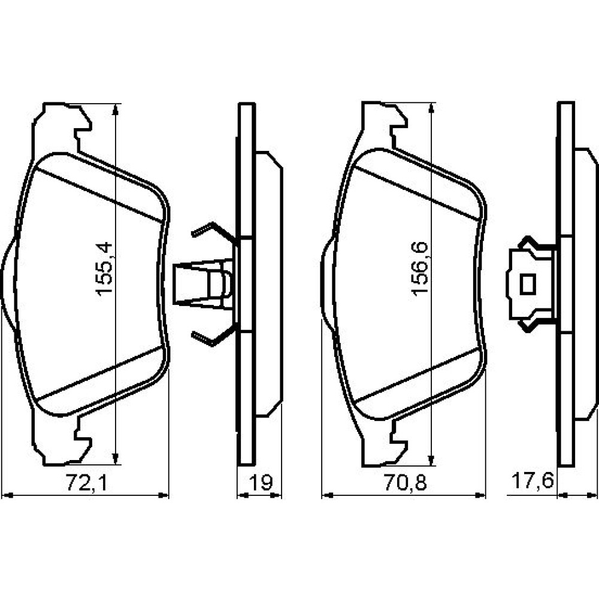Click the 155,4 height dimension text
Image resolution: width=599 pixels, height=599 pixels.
point(104,268)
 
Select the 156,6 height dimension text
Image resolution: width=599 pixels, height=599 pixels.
point(420,268)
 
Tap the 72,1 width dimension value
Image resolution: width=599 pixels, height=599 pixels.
point(87,482)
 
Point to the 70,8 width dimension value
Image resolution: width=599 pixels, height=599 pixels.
point(405,482)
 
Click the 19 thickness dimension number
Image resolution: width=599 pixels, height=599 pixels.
point(261,482)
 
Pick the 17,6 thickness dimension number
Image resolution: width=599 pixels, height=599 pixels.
point(532,480)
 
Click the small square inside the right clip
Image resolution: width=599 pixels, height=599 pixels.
point(528,285)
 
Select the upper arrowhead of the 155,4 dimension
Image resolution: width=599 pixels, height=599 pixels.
point(116,110)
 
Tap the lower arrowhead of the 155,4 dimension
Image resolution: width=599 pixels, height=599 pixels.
point(116,459)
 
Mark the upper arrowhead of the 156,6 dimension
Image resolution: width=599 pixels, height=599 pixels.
point(432,109)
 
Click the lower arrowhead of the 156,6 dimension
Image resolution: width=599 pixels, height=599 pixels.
point(432,460)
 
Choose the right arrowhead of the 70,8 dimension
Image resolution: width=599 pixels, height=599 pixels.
point(480,495)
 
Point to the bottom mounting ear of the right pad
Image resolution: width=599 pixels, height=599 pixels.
point(382,445)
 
